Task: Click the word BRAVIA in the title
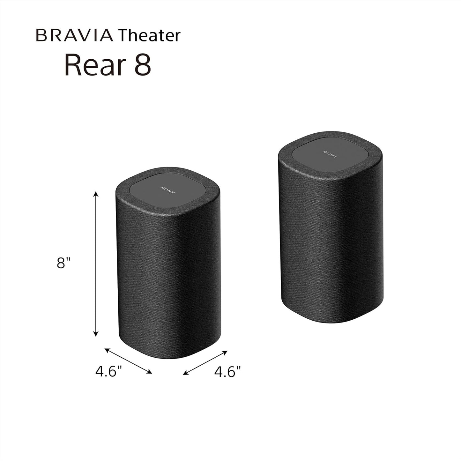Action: (x=74, y=35)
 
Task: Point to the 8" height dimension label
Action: (x=63, y=263)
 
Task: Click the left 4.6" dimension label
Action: (x=109, y=372)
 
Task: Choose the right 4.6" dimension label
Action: (x=227, y=372)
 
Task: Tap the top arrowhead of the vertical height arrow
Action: (x=95, y=194)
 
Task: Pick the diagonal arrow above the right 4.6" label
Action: (x=205, y=363)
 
